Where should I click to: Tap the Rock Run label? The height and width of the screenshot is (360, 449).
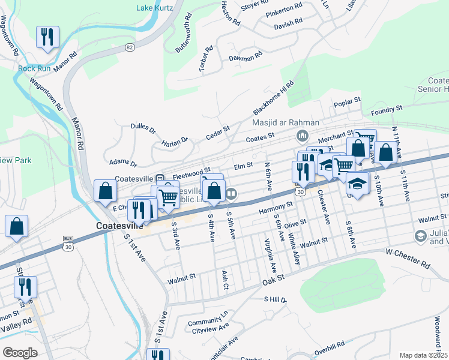(35, 68)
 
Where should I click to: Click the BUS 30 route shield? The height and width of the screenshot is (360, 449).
(68, 242)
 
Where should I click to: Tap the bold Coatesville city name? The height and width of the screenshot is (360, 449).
(119, 226)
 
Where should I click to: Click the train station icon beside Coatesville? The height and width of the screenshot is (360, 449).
(160, 178)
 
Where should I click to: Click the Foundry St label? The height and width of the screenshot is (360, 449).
(386, 110)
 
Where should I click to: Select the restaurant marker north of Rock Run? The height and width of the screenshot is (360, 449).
(46, 37)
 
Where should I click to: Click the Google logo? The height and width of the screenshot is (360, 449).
(20, 352)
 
